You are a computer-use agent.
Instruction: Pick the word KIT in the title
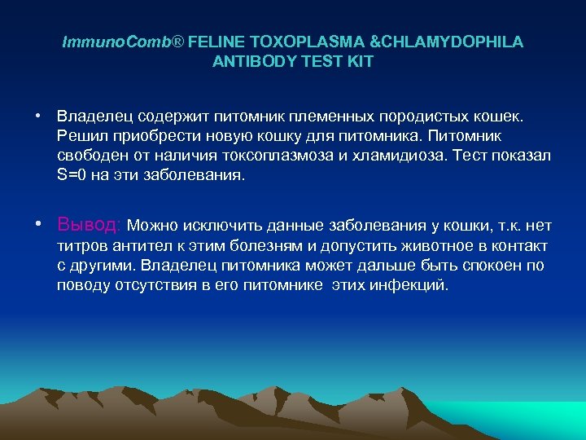[360, 62]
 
